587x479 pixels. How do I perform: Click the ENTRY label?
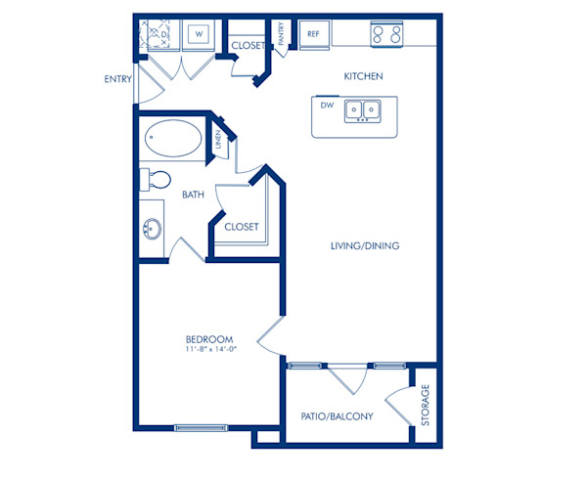click(x=117, y=79)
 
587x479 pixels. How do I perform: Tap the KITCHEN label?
click(x=362, y=76)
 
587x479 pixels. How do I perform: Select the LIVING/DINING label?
click(x=364, y=246)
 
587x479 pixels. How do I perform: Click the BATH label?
click(x=193, y=195)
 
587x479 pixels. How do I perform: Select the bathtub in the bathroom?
click(x=172, y=141)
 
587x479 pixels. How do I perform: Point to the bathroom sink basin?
click(x=152, y=231)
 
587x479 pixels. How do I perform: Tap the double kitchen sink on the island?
click(x=363, y=111)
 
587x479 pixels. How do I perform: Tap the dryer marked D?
click(x=158, y=35)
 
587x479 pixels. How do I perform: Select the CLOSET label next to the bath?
click(x=242, y=227)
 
